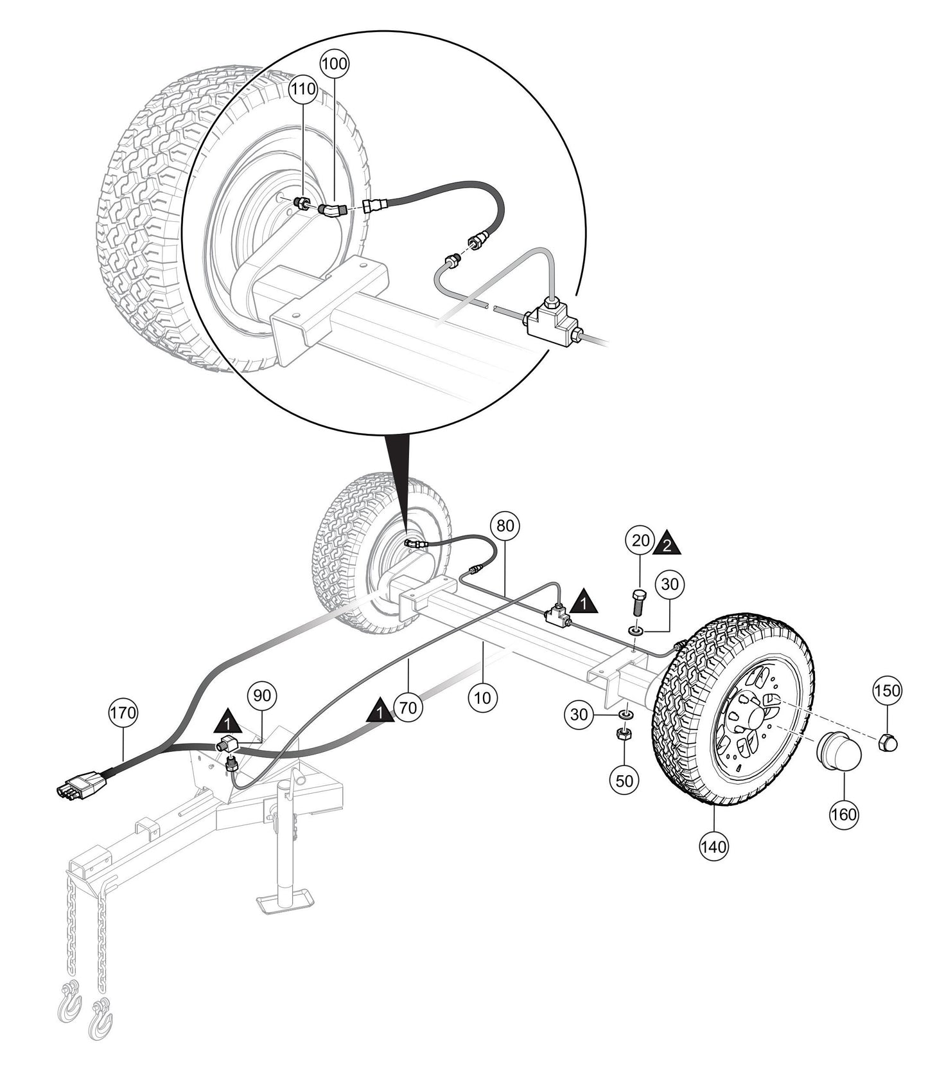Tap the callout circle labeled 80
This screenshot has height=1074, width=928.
click(505, 526)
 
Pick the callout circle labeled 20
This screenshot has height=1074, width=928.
click(640, 541)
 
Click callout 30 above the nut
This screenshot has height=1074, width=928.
click(580, 713)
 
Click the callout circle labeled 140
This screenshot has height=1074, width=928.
click(714, 846)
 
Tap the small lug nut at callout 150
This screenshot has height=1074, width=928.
click(887, 742)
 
